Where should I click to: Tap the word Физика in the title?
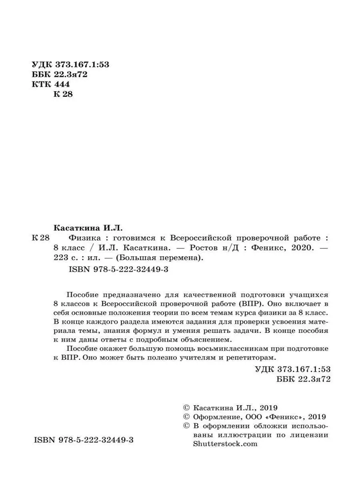coord(80,237)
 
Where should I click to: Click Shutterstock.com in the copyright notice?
coord(225,444)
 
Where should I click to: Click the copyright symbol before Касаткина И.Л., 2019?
coord(186,408)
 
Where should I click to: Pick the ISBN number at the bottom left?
coord(84,440)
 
